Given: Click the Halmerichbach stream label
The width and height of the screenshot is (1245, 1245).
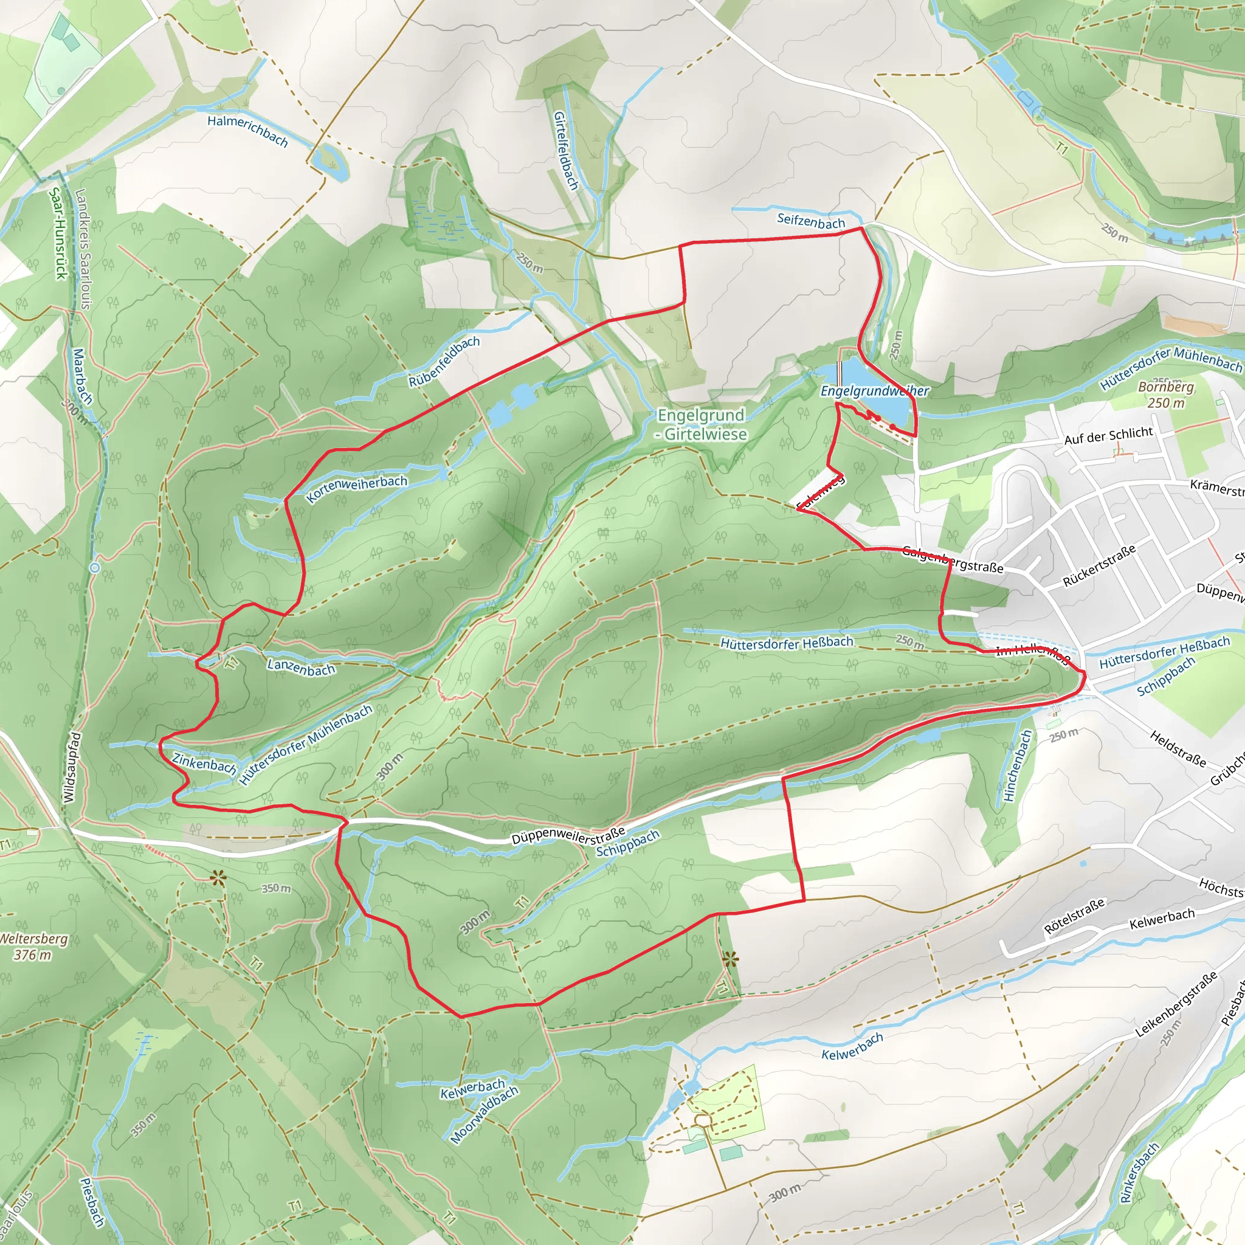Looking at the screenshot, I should point(247,130).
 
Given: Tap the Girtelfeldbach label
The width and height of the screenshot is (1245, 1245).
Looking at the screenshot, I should point(565,150).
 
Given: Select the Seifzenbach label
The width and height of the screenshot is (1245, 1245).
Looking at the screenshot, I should point(811,221).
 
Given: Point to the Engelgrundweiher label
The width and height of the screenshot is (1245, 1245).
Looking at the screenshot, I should point(874,391).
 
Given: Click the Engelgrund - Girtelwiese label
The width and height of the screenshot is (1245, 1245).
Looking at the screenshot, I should point(701,425).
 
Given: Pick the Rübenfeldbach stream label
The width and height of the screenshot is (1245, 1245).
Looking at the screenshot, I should point(444,362).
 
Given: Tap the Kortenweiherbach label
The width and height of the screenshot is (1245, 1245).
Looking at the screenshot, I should point(356,489).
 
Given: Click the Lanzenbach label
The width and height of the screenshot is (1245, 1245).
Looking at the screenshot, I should point(301,667).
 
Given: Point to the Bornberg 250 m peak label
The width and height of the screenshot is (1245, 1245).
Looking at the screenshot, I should point(1166,395).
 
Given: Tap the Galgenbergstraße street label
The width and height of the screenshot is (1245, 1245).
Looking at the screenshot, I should point(953,559).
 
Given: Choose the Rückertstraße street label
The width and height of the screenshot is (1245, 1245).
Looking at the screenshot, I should point(1098,566).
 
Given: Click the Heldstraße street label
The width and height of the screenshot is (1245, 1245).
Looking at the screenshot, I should point(1178,748).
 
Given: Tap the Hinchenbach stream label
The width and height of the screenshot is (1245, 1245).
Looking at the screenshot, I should point(1018,765).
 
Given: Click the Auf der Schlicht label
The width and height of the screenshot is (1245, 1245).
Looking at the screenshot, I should point(1108,436).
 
